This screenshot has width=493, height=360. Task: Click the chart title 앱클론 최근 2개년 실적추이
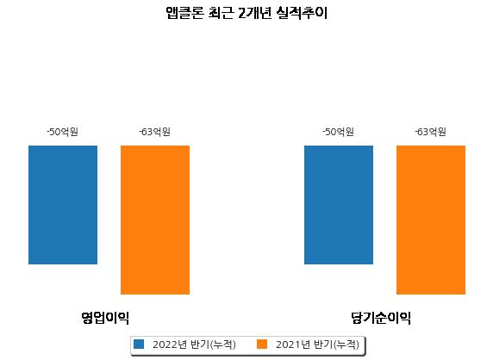click(x=246, y=14)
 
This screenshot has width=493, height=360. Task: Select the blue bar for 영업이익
click(x=63, y=205)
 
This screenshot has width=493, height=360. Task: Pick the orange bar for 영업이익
click(x=155, y=220)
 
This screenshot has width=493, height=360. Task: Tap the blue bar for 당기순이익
click(x=339, y=205)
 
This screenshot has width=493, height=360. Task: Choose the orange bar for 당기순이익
click(x=431, y=220)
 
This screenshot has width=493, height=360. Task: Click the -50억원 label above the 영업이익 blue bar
click(x=63, y=132)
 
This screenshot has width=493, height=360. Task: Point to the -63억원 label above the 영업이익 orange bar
click(x=154, y=132)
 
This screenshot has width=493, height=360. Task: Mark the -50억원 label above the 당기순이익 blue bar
click(x=339, y=132)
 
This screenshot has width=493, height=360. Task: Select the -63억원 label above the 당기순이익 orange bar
click(x=430, y=132)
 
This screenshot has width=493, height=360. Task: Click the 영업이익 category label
click(x=105, y=318)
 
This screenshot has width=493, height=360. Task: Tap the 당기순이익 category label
click(x=381, y=318)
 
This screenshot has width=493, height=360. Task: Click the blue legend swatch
click(x=139, y=344)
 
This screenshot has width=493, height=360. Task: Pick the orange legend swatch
click(x=262, y=344)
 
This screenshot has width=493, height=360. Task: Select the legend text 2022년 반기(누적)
click(x=194, y=344)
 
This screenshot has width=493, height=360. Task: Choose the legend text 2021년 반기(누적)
click(x=317, y=344)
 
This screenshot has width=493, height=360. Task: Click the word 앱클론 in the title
click(x=184, y=14)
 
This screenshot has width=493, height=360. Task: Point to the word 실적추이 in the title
click(x=303, y=14)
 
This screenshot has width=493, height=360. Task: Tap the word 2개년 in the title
click(x=254, y=14)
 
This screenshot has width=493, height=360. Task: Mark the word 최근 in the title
click(x=221, y=14)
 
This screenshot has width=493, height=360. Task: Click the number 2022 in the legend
click(x=165, y=344)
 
